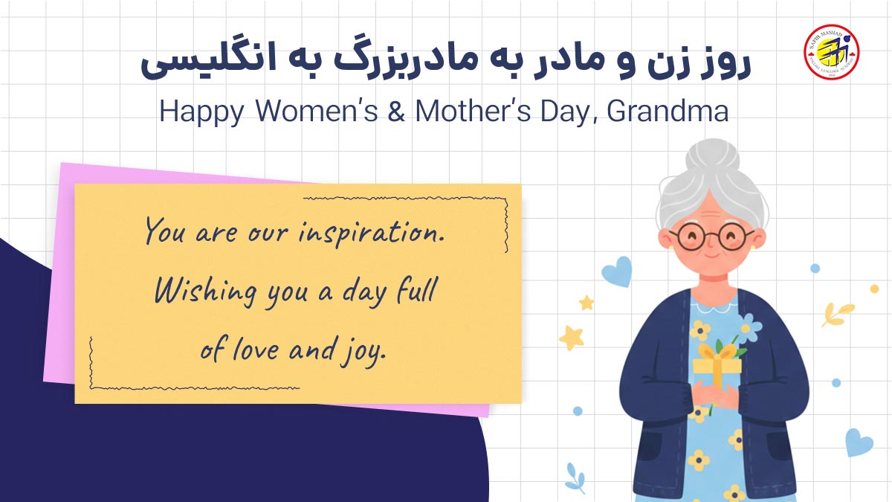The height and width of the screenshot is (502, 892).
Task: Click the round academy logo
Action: (831, 53)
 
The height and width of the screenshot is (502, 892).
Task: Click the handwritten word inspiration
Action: (372, 233)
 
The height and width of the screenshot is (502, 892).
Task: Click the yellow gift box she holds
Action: (717, 367)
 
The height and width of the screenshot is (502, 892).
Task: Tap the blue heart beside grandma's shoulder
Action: (617, 271)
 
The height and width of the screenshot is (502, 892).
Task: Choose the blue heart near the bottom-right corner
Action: (859, 442)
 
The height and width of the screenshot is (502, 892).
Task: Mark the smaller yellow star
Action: (586, 303)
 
